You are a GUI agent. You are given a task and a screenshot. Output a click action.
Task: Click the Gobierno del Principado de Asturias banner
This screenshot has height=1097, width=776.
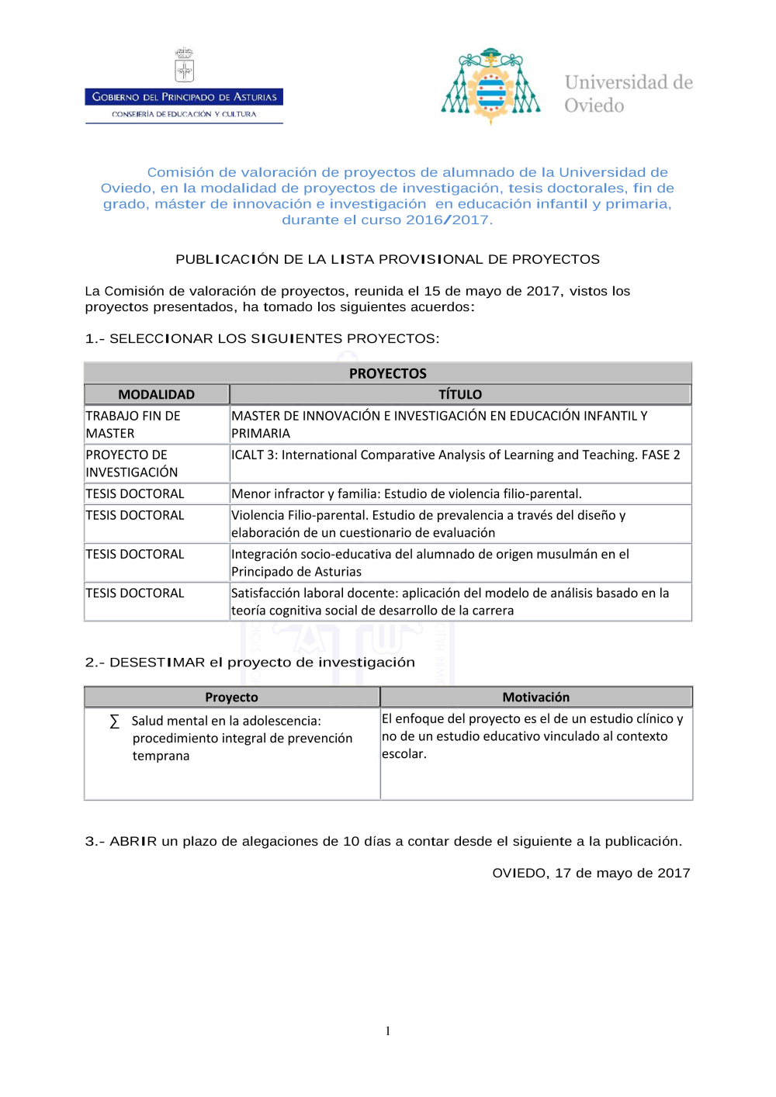(x=184, y=97)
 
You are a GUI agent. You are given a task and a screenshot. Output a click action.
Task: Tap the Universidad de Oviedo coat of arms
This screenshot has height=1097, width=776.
(x=490, y=86)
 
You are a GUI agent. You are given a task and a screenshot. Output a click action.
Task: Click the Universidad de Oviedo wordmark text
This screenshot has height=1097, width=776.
(x=628, y=94)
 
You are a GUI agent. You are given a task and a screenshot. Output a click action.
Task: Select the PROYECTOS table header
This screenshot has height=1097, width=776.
(x=387, y=373)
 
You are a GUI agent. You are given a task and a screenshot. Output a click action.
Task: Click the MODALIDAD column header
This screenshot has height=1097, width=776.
(x=156, y=394)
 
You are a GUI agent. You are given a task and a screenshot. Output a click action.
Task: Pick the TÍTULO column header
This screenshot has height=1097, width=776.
(x=459, y=394)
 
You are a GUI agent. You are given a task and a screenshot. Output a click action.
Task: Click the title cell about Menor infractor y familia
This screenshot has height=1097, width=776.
(x=406, y=493)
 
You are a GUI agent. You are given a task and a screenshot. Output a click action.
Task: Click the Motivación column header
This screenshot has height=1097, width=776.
(x=535, y=697)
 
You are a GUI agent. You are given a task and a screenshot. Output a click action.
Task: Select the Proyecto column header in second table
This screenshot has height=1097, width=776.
(x=231, y=697)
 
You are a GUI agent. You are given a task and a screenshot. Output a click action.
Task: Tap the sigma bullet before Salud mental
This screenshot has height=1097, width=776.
(x=115, y=722)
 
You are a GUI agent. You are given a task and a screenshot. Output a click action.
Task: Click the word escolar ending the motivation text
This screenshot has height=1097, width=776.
(x=403, y=754)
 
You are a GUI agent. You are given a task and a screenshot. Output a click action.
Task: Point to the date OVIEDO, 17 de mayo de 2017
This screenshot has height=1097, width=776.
(x=591, y=873)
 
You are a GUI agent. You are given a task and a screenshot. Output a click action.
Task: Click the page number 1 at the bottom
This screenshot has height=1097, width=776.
(x=388, y=1031)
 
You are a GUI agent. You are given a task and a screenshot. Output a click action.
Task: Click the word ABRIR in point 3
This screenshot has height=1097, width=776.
(x=133, y=842)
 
